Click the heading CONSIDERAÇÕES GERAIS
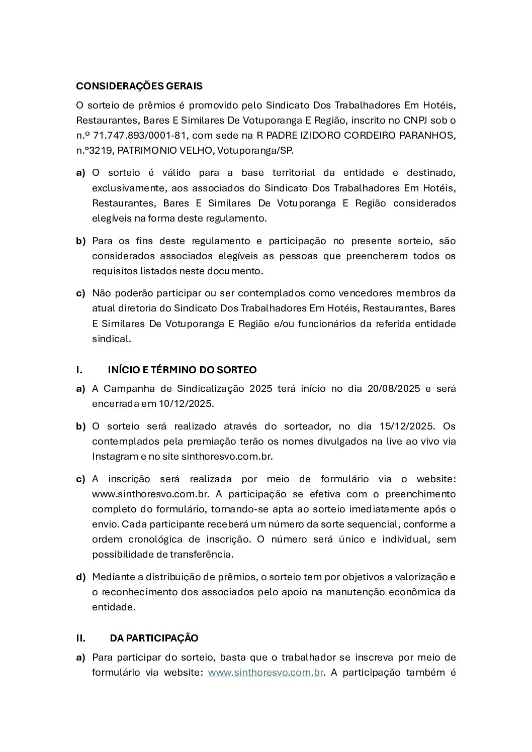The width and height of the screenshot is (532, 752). [139, 86]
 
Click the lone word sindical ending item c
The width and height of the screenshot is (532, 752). [111, 339]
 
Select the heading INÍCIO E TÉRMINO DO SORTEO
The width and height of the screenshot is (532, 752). [182, 370]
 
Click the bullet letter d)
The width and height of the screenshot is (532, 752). [81, 577]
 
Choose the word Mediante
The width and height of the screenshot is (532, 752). [112, 577]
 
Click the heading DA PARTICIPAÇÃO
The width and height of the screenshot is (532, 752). [154, 638]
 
